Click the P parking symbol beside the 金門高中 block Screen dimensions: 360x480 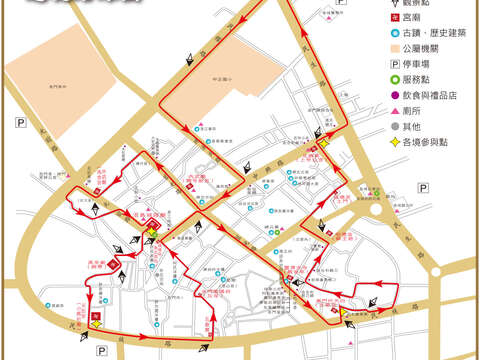pos(20,122)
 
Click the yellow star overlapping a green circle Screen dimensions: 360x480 pos(151,236)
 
